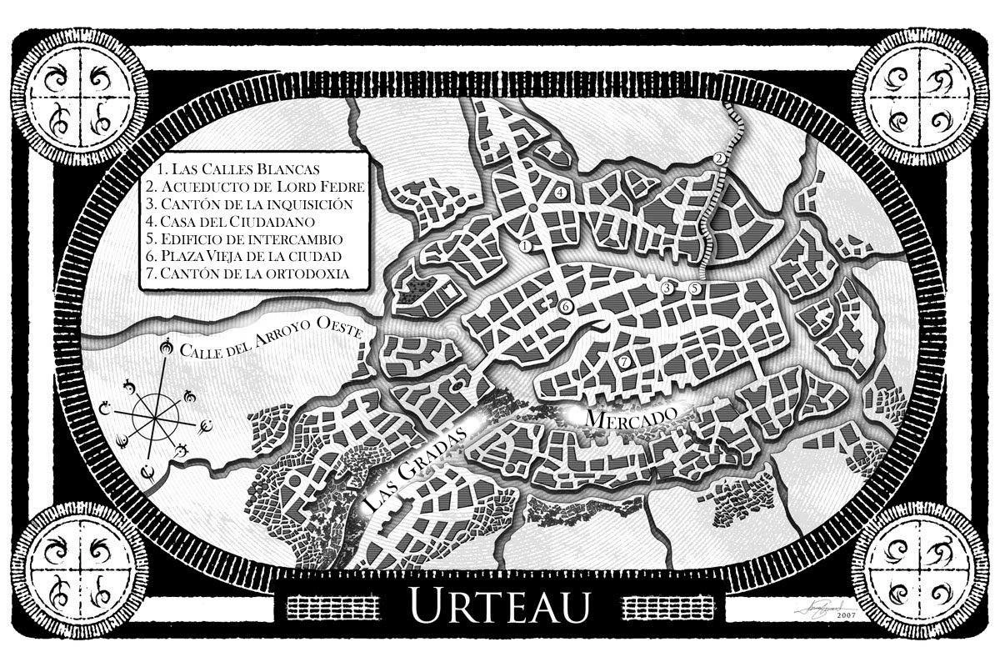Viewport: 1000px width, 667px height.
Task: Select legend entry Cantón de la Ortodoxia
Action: pos(247,273)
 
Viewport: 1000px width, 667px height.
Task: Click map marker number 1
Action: pos(526,247)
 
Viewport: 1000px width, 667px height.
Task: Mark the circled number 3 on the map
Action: pos(667,288)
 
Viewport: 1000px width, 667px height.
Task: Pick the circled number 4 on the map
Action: pos(561,193)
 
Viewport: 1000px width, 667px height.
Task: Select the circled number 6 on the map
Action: pos(565,308)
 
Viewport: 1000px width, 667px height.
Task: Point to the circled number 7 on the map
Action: pos(624,361)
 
